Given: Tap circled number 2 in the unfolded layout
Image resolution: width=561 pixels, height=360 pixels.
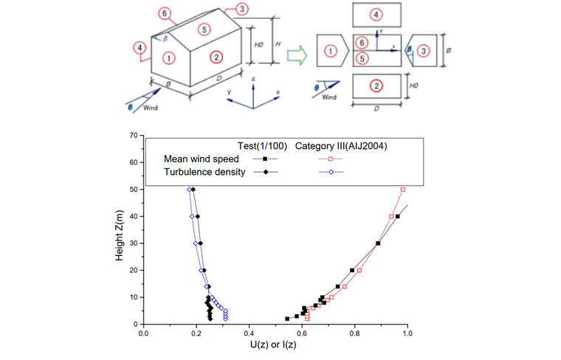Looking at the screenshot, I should (377, 86).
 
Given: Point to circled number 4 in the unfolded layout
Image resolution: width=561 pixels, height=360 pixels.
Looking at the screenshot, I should (377, 14).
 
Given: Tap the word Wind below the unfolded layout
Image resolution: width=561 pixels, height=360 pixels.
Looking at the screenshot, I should (330, 97).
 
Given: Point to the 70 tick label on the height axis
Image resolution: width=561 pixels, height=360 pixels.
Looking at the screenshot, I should (134, 136).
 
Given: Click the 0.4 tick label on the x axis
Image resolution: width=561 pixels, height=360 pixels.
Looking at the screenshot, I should (249, 332).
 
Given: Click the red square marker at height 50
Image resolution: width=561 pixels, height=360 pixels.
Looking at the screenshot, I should (402, 190).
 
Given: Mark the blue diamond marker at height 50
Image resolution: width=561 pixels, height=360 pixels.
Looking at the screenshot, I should (189, 190).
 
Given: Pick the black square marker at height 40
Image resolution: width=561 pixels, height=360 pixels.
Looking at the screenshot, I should (397, 216).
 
